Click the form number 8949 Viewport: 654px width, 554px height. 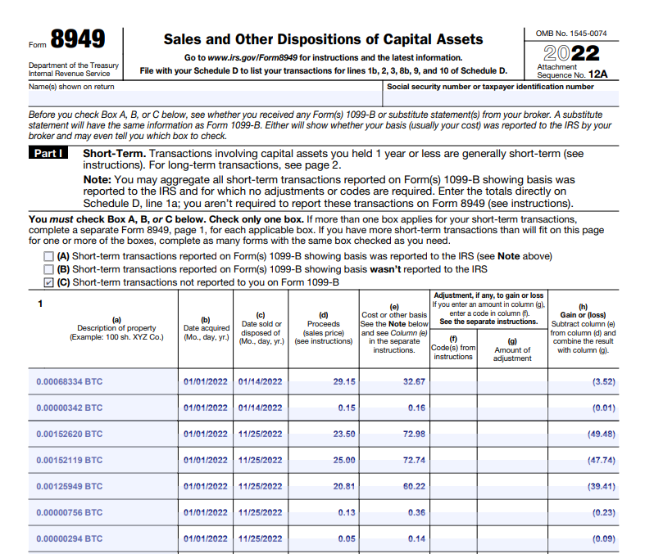coord(78,39)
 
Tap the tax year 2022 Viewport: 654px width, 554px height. coord(571,53)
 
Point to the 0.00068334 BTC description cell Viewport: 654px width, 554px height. coord(70,382)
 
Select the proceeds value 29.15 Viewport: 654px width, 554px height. coord(344,382)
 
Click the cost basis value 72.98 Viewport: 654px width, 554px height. coord(414,434)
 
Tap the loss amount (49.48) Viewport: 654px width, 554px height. coord(602,434)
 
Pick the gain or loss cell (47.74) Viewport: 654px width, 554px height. coord(602,460)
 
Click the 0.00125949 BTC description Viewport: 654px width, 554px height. coord(70,486)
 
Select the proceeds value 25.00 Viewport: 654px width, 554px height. coord(344,460)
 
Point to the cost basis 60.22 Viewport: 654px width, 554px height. coord(414,486)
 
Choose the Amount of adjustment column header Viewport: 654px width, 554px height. coord(512,354)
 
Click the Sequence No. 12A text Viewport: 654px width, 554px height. coord(573,74)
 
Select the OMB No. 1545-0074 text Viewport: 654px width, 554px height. coord(571,33)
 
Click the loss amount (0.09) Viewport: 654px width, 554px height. coord(604,538)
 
